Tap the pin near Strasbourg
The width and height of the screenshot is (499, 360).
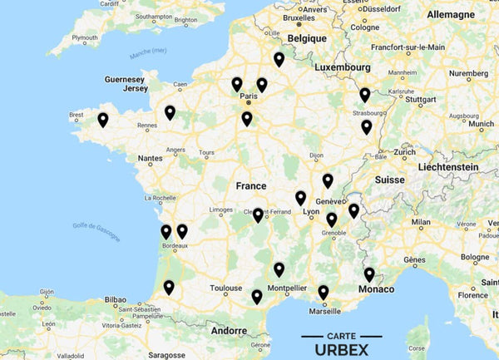[365, 96]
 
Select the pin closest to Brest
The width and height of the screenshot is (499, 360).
[103, 120]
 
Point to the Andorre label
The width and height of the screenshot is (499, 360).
[230, 330]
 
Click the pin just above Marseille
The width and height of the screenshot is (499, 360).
[324, 293]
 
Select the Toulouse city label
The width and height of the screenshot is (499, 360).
[226, 288]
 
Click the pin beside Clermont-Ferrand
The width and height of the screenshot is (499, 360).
[258, 215]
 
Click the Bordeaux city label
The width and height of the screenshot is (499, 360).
[174, 246]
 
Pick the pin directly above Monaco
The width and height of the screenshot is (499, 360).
[369, 274]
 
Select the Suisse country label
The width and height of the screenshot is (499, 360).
[389, 180]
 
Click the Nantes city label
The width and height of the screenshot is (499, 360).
[151, 157]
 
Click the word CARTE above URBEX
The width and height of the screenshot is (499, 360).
[343, 335]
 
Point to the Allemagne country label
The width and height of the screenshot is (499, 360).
[450, 15]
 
